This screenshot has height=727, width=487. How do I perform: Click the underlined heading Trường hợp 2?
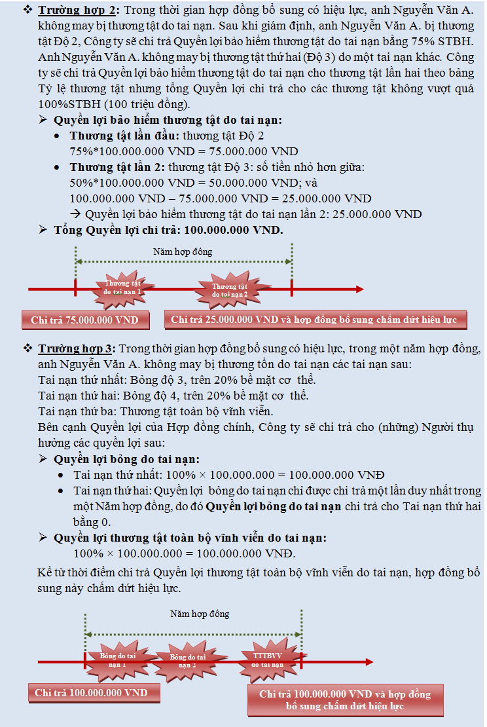[x=79, y=11]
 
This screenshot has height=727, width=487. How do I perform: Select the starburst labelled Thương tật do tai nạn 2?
[x=228, y=290]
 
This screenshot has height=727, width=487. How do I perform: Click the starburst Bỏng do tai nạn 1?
[x=118, y=659]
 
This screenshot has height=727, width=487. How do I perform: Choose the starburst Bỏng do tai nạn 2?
[x=187, y=660]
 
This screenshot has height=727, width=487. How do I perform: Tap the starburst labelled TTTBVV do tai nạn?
[x=267, y=659]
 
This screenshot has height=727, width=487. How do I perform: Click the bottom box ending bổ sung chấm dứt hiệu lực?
[x=345, y=700]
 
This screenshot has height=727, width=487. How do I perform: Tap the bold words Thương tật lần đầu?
[x=124, y=136]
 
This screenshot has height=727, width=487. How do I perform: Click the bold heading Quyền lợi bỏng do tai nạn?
[x=127, y=458]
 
